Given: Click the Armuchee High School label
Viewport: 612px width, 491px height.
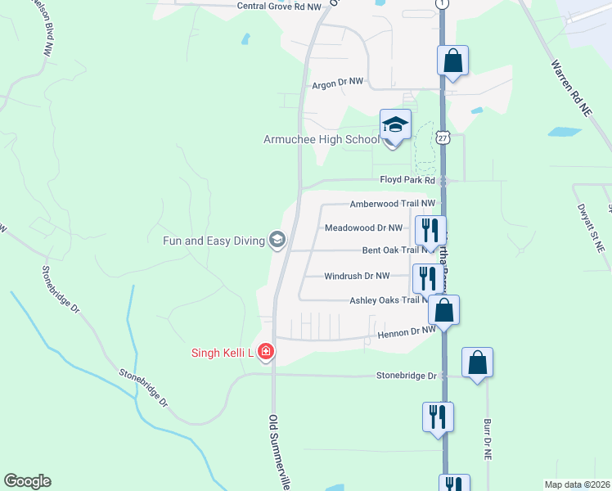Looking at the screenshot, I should [x=321, y=139].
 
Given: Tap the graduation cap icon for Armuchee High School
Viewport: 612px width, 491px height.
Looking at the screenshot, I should [x=395, y=125].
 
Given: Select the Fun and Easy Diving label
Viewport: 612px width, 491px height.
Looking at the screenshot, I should [x=214, y=241].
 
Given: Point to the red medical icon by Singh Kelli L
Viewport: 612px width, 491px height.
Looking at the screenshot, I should [x=265, y=353].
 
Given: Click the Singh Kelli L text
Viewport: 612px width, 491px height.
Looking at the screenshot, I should [x=220, y=354].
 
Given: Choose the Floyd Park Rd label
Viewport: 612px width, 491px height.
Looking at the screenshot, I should [x=407, y=180].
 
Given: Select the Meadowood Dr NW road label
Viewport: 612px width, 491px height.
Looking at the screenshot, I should [x=363, y=227].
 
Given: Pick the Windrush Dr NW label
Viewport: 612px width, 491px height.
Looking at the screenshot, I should [x=368, y=276].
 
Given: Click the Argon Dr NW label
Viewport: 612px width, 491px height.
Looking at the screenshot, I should [x=337, y=83].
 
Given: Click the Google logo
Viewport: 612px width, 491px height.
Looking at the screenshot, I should [x=27, y=481].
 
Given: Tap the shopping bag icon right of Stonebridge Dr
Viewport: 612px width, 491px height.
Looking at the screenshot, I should [x=477, y=363].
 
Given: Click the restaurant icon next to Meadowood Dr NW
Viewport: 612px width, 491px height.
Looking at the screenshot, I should [x=429, y=230].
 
